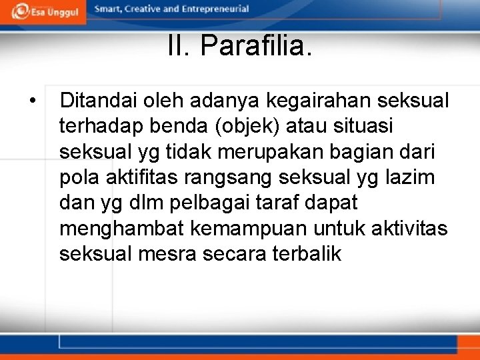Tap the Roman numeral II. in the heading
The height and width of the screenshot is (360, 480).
coord(179,47)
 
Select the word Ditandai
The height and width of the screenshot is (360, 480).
coord(97,101)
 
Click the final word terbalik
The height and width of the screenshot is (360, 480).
coord(307,254)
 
